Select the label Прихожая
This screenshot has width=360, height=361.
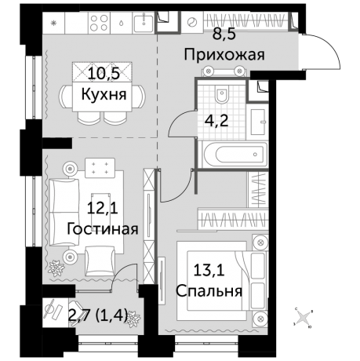224,55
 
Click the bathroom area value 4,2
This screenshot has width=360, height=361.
215,122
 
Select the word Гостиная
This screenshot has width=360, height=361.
103,229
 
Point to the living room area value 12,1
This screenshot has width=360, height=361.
103,209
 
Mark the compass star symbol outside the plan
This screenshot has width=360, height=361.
303,317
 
